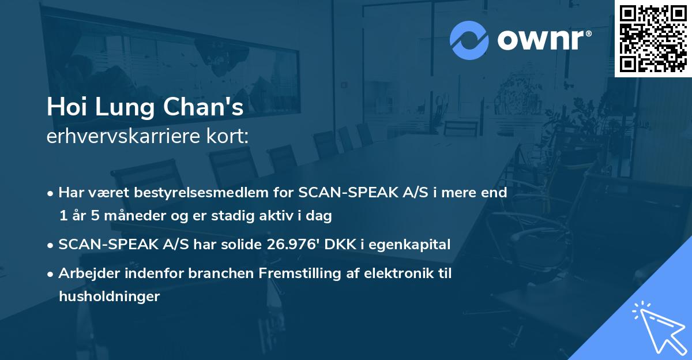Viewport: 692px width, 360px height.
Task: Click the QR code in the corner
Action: tap(653, 39)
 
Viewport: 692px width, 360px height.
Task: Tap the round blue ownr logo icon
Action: tap(469, 40)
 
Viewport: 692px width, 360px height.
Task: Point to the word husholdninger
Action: tap(109, 297)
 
